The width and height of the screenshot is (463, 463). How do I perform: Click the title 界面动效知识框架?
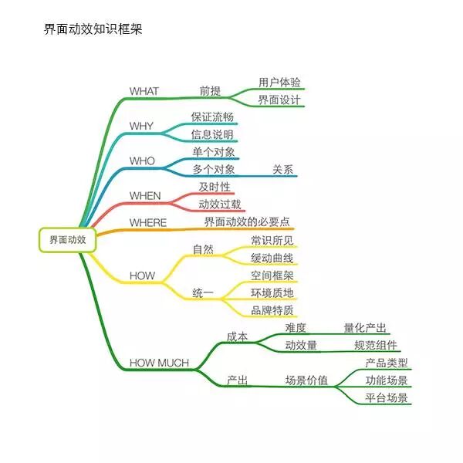pyautogui.click(x=93, y=30)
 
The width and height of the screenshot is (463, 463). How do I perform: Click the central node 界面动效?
pyautogui.click(x=67, y=240)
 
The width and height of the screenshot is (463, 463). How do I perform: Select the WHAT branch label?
pyautogui.click(x=144, y=91)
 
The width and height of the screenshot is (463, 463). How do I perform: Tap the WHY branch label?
pyautogui.click(x=141, y=126)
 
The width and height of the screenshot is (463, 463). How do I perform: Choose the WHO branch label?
pyautogui.click(x=142, y=161)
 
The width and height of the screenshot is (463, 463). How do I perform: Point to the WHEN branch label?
pyautogui.click(x=145, y=196)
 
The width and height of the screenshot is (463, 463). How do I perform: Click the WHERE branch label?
pyautogui.click(x=148, y=223)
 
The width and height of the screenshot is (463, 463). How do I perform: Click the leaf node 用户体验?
pyautogui.click(x=279, y=82)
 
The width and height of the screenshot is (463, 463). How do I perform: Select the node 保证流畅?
pyautogui.click(x=212, y=117)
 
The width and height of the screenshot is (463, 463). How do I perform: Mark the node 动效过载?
pyautogui.click(x=220, y=204)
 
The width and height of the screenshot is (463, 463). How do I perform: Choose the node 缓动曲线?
pyautogui.click(x=272, y=258)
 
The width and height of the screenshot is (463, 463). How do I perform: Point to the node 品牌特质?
pyautogui.click(x=272, y=311)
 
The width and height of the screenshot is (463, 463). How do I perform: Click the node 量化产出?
pyautogui.click(x=365, y=328)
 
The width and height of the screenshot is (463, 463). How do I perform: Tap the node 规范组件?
pyautogui.click(x=376, y=346)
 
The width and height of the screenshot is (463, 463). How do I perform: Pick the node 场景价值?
pyautogui.click(x=306, y=380)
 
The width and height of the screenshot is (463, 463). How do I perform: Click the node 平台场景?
pyautogui.click(x=387, y=398)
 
